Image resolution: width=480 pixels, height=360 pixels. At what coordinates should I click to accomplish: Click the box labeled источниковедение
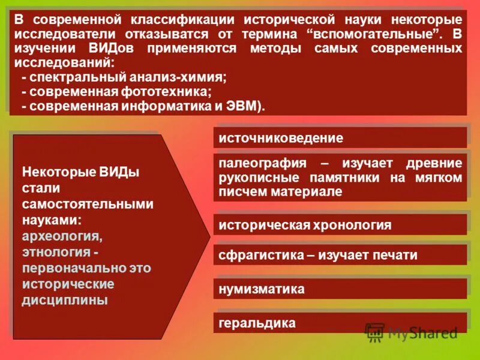point(340,138)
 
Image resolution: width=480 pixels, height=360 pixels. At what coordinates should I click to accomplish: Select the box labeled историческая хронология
point(340,225)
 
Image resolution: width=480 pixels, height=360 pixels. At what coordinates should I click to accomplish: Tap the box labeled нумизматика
point(340,289)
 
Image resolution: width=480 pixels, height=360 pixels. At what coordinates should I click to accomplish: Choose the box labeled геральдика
point(340,323)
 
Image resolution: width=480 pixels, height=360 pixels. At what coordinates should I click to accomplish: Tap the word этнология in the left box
point(56,251)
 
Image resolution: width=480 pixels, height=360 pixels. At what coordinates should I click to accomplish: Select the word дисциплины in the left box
point(65,299)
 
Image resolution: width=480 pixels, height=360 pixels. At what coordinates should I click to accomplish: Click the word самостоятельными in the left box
point(88,204)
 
